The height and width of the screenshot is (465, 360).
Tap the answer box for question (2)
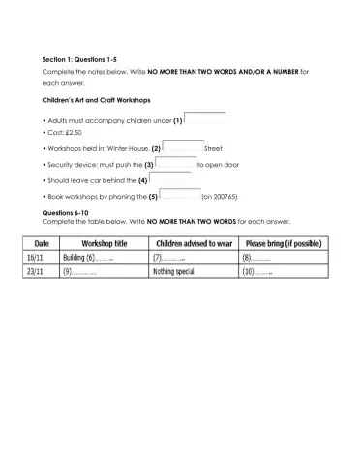tap(184, 147)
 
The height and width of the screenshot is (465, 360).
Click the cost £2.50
tap(72, 133)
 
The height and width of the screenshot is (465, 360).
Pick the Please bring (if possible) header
tap(283, 243)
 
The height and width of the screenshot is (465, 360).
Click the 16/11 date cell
tap(42, 259)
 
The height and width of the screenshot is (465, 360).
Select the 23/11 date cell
tap(42, 273)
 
